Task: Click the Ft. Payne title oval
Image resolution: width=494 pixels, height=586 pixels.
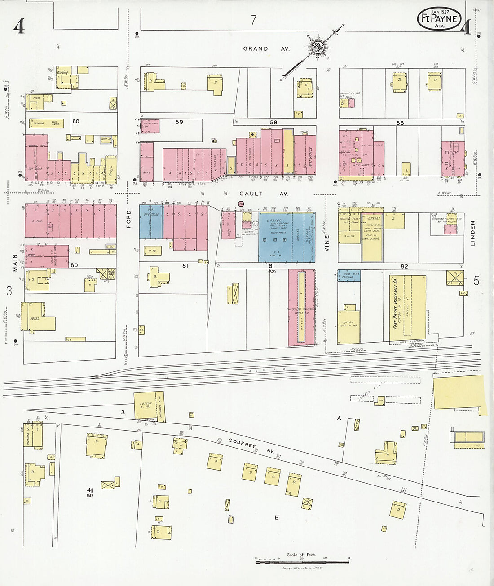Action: click(439, 19)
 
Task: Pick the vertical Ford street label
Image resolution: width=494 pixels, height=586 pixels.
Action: click(129, 219)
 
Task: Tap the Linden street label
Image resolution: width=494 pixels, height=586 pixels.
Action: click(472, 233)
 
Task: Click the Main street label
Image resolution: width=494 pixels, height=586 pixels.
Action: click(15, 263)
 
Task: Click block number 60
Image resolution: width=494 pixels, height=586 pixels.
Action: click(75, 121)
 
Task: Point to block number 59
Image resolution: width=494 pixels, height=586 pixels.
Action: click(179, 122)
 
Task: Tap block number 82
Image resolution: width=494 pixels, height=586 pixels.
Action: click(404, 266)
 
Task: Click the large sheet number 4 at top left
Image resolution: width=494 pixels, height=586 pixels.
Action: click(19, 27)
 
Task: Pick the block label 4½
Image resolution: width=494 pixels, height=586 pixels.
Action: click(90, 489)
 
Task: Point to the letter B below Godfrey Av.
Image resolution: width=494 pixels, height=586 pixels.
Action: click(277, 517)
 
